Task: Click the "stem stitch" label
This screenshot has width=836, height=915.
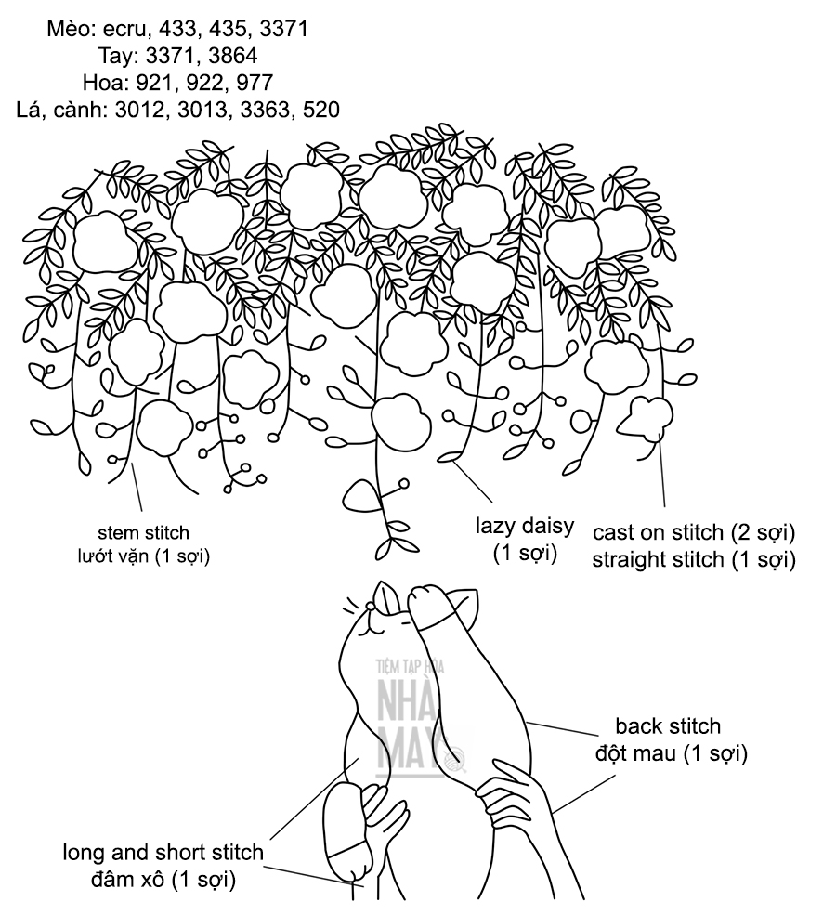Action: pyautogui.click(x=143, y=533)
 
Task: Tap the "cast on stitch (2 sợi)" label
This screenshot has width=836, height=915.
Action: pyautogui.click(x=694, y=533)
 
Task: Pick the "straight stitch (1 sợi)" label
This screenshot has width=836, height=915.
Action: pyautogui.click(x=694, y=560)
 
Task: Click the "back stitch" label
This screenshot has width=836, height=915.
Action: pyautogui.click(x=667, y=725)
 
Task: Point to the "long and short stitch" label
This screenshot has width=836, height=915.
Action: pyautogui.click(x=163, y=852)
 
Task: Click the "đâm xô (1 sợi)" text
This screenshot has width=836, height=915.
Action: pyautogui.click(x=163, y=878)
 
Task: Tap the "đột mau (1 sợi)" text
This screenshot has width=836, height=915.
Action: pyautogui.click(x=672, y=752)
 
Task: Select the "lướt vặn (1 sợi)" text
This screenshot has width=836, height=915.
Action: pyautogui.click(x=143, y=559)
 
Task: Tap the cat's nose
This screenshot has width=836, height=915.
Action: pyautogui.click(x=371, y=608)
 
